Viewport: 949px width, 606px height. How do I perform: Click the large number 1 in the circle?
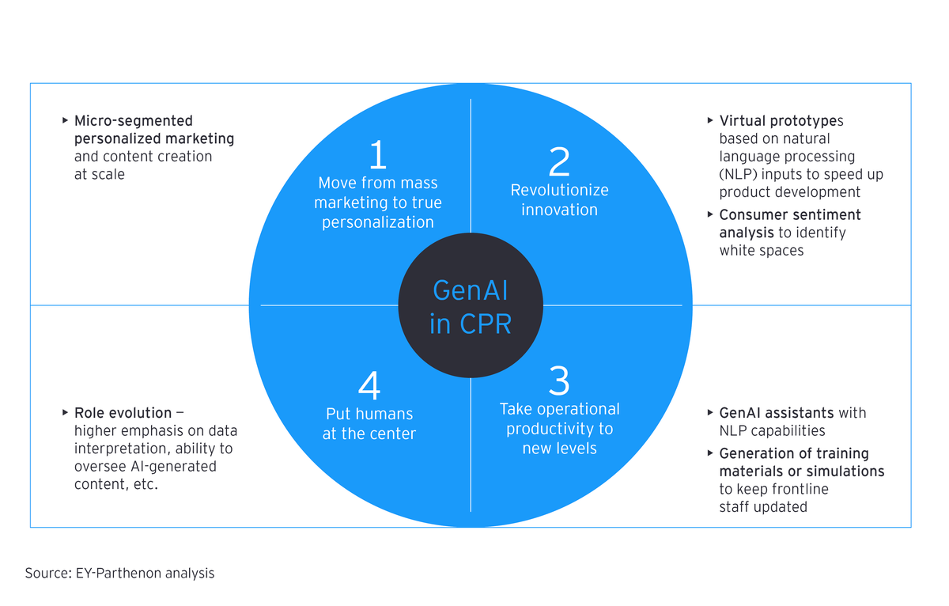(378, 156)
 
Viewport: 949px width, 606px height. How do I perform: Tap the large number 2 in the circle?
(558, 162)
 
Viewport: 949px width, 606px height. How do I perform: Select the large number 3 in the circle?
(558, 381)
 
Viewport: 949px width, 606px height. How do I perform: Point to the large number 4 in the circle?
(369, 386)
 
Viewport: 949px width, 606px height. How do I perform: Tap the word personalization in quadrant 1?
(378, 222)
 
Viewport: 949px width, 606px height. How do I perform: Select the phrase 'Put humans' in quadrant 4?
(369, 414)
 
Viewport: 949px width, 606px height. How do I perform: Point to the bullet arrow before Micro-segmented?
(65, 120)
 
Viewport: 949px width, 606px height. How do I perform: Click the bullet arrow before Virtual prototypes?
(710, 120)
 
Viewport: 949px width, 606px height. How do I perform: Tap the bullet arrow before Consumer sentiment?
(710, 214)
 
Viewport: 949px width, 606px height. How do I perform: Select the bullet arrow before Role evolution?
(65, 412)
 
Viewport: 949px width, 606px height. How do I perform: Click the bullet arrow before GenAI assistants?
(710, 412)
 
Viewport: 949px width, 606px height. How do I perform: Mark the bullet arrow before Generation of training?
(710, 453)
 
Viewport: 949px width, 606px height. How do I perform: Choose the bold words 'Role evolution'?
(123, 413)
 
